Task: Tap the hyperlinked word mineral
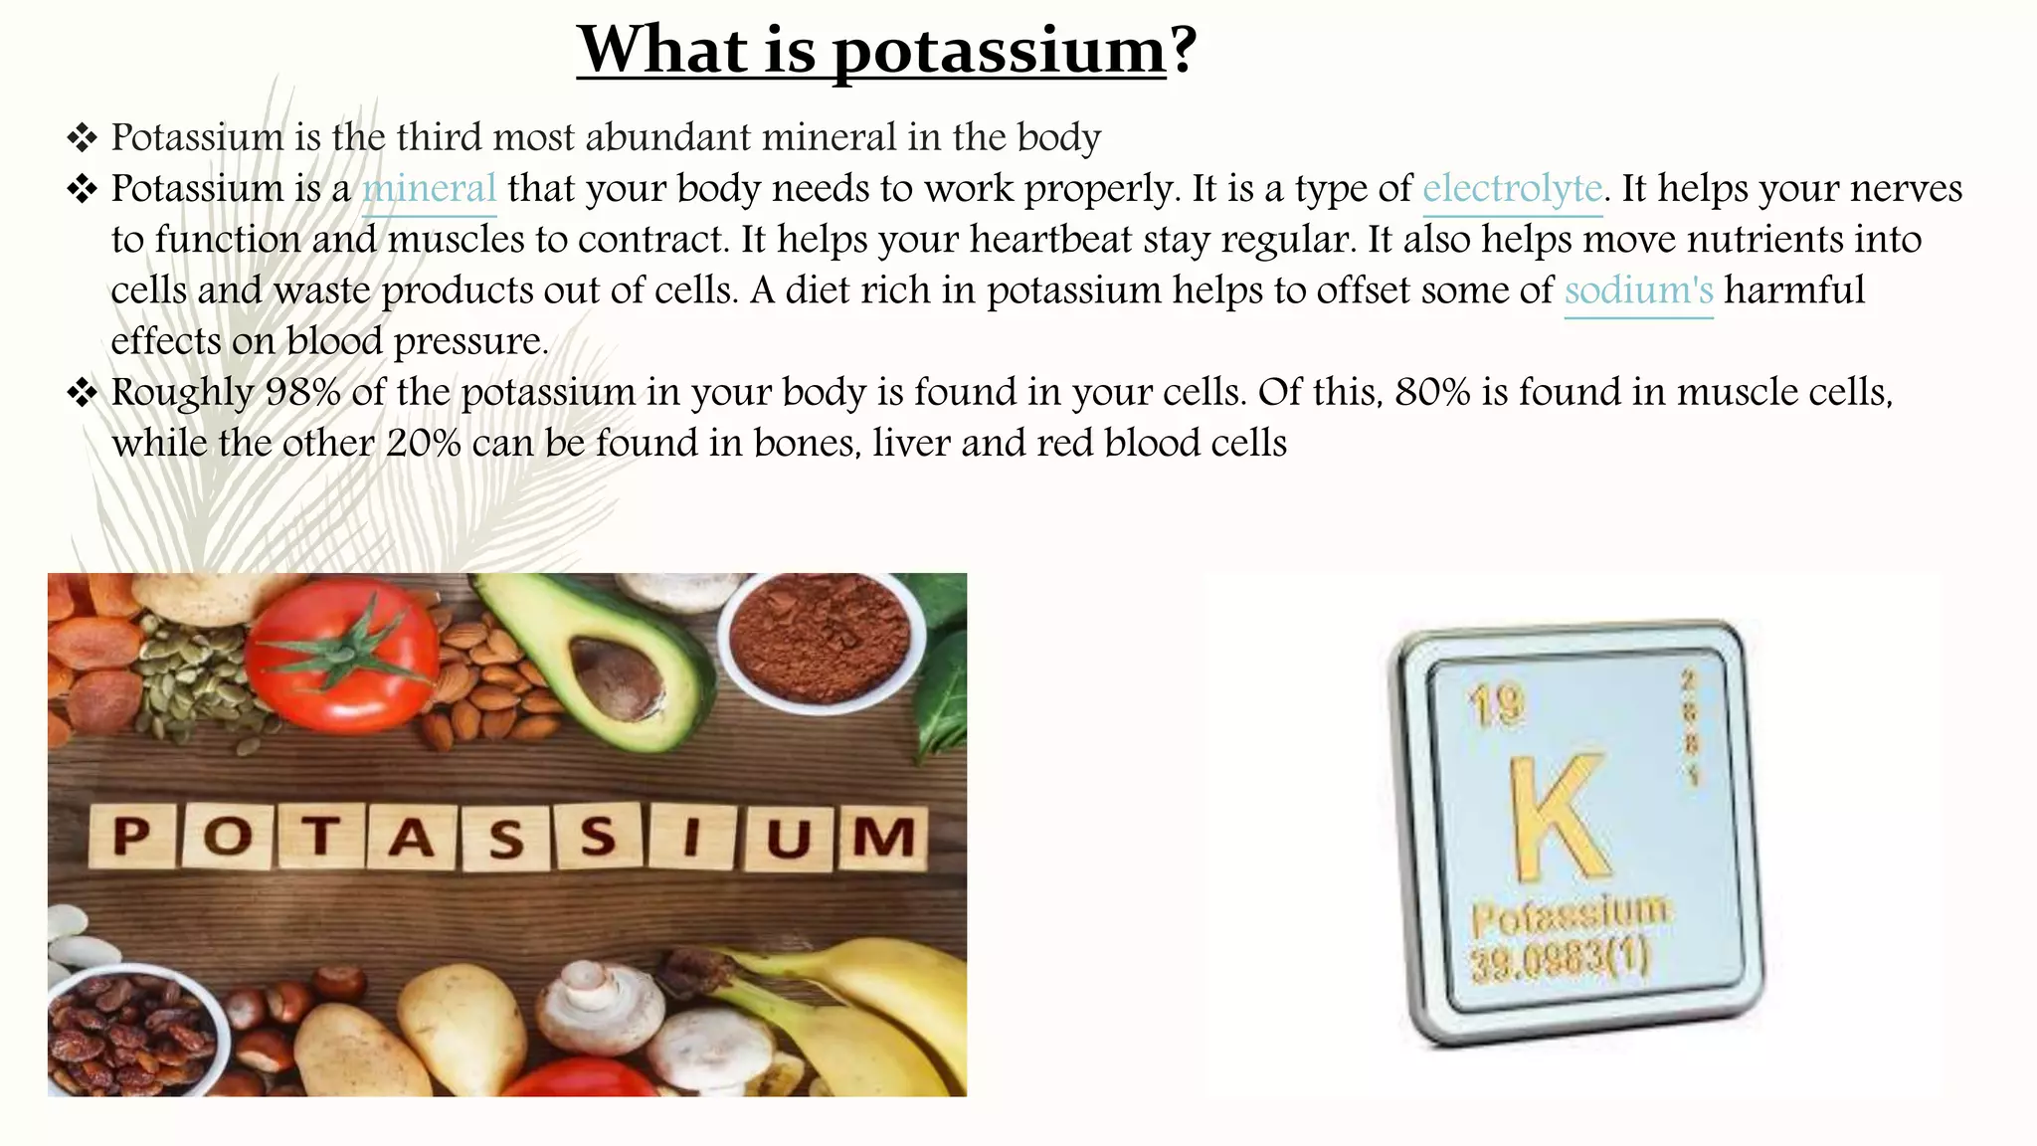429,189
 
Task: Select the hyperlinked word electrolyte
1512,189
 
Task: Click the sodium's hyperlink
1638,290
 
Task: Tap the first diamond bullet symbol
82,137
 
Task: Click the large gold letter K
1558,818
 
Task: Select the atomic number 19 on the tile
1496,704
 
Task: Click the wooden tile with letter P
132,836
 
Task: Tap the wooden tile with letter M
882,836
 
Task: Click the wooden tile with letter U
788,837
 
